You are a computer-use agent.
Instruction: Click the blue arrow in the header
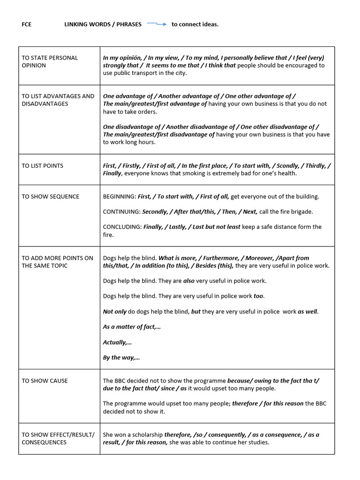pyautogui.click(x=157, y=24)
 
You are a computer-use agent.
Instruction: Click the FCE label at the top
pyautogui.click(x=27, y=24)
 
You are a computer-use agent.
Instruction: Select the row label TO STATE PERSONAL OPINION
pyautogui.click(x=50, y=61)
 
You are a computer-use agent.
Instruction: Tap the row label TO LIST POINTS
pyautogui.click(x=42, y=165)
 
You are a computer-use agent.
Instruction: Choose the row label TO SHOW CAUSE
pyautogui.click(x=45, y=381)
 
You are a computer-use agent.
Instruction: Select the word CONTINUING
pyautogui.click(x=121, y=211)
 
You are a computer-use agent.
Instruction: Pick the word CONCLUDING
pyautogui.click(x=122, y=227)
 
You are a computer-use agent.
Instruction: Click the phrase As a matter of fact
pyautogui.click(x=132, y=327)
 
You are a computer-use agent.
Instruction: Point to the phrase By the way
pyautogui.click(x=121, y=357)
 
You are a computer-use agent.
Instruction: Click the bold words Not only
pyautogui.click(x=114, y=311)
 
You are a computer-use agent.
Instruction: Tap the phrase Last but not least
pyautogui.click(x=216, y=227)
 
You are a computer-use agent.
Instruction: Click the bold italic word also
pyautogui.click(x=189, y=281)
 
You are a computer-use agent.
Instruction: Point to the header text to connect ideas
pyautogui.click(x=195, y=24)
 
